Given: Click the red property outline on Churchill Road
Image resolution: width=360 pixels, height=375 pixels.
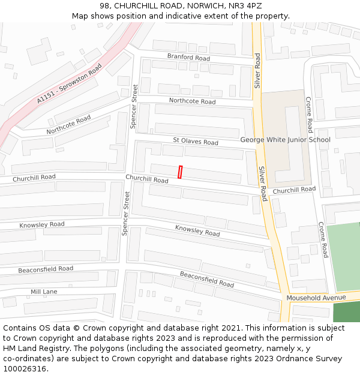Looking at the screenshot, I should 180,172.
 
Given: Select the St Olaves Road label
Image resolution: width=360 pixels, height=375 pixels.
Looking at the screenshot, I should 196,142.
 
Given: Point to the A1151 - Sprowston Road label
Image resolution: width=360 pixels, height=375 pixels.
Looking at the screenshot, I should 70,85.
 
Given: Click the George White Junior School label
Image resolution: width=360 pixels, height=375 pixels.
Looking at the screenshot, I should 285,140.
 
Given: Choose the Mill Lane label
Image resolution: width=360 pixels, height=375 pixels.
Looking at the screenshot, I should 44,292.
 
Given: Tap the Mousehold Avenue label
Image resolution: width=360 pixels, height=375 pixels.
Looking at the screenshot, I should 316,298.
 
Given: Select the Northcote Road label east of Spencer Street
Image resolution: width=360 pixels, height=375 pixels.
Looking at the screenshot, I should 192,101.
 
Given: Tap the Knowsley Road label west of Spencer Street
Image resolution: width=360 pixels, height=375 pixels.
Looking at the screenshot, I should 42,225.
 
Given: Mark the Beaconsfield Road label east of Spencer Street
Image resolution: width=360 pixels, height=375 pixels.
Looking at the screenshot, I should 207,279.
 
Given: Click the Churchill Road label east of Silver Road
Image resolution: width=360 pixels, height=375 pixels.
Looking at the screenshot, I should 294,190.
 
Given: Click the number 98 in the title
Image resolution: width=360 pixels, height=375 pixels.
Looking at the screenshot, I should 105,6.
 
